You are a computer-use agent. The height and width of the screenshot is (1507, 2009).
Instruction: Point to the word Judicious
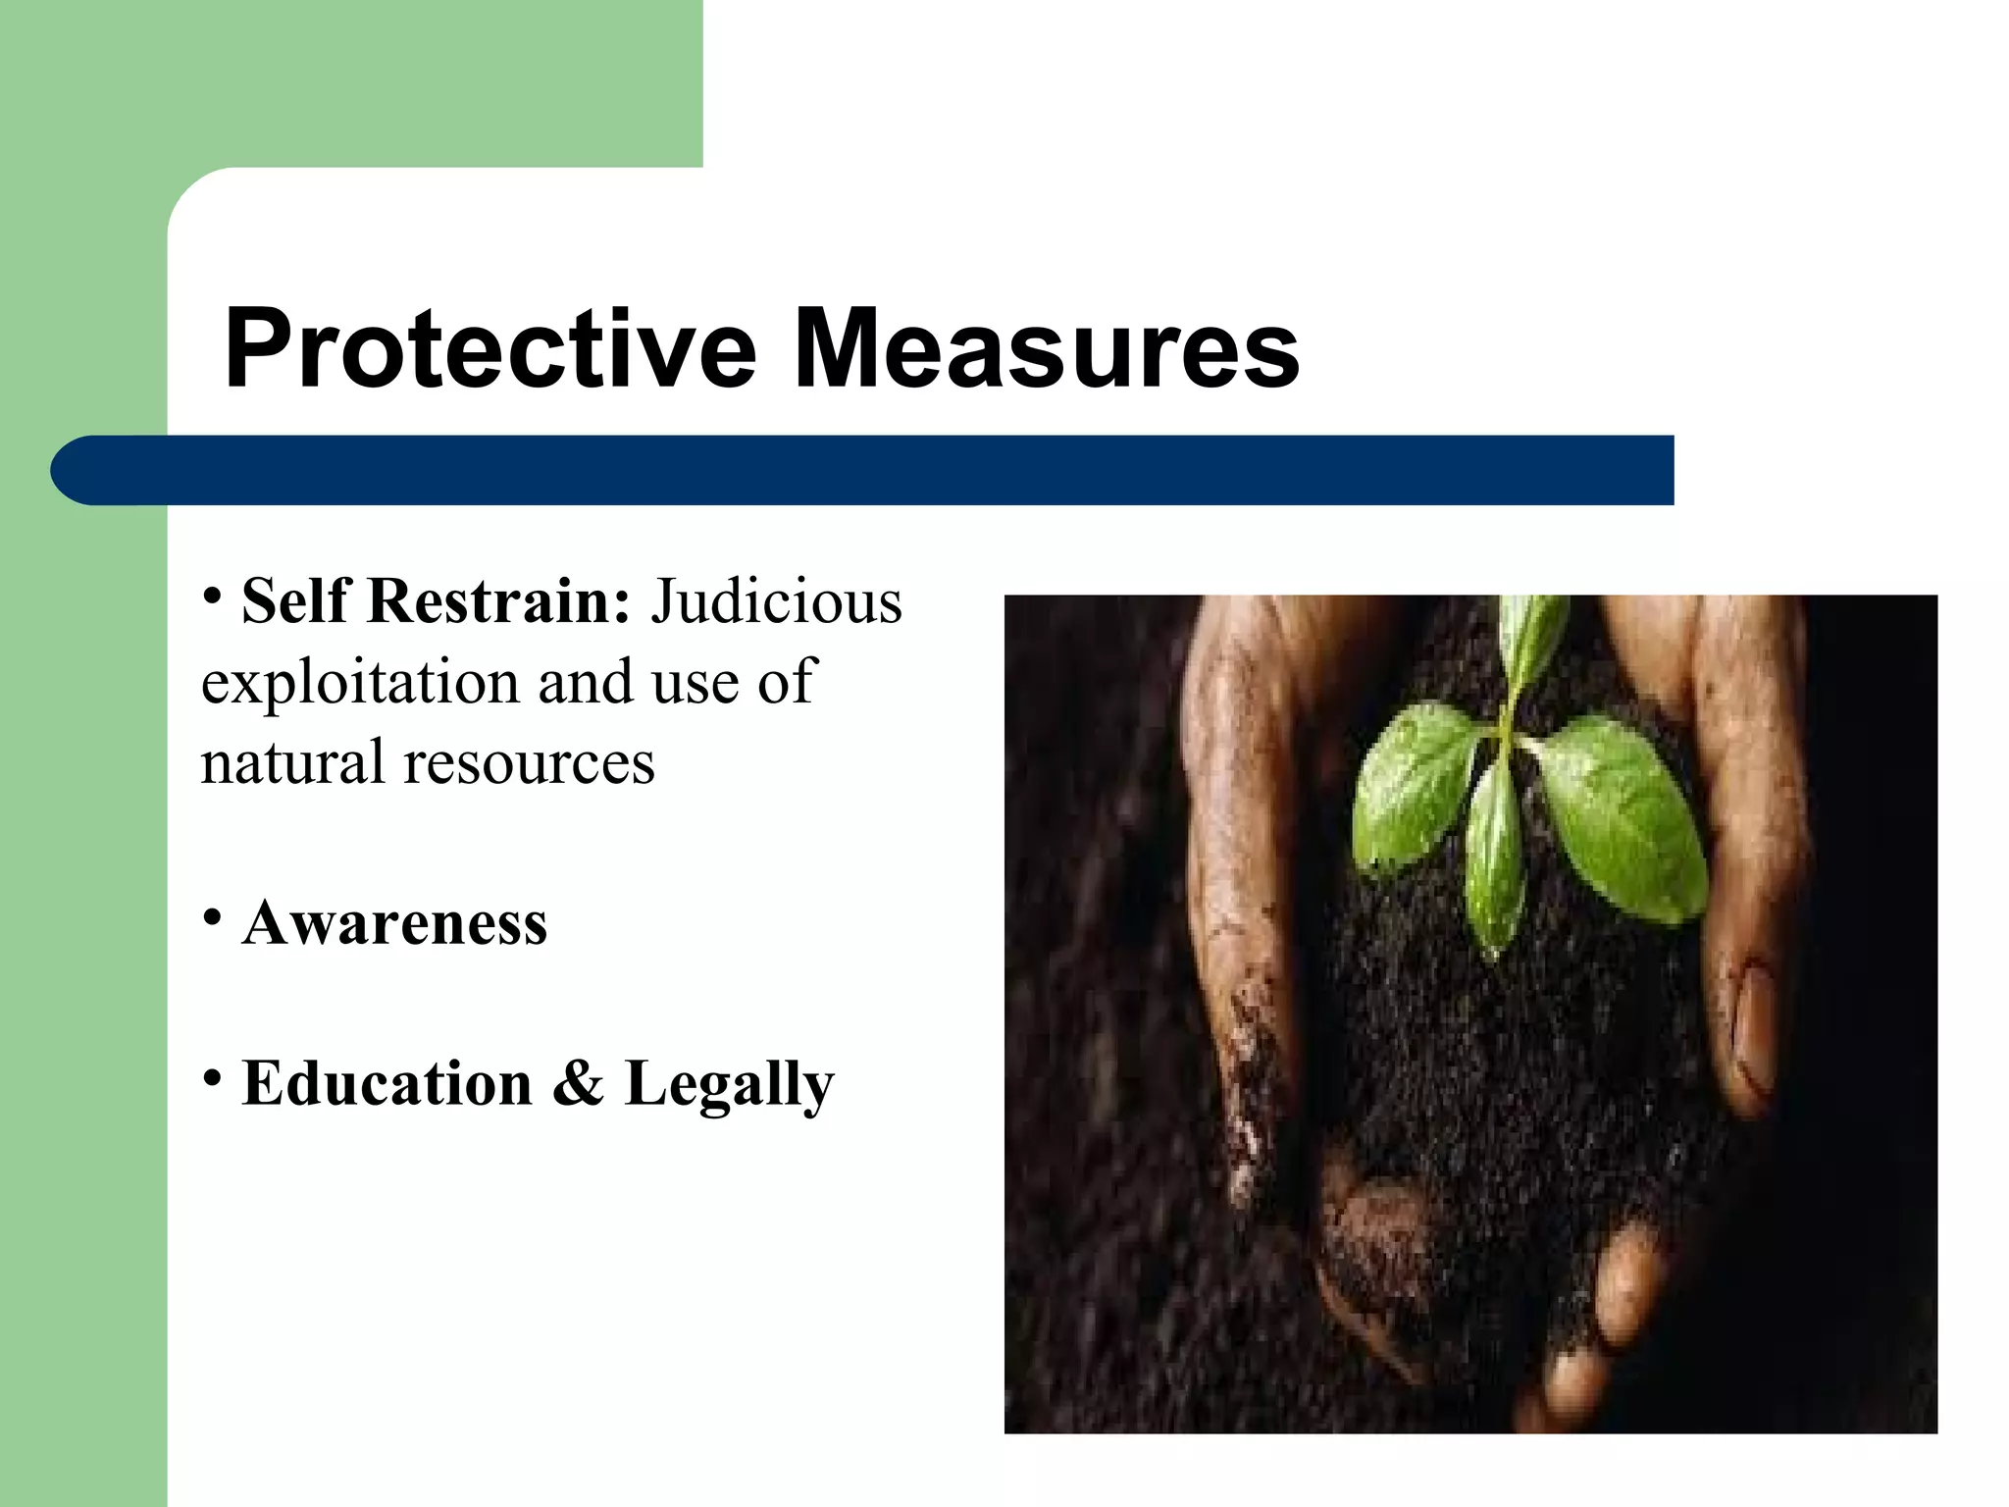point(776,600)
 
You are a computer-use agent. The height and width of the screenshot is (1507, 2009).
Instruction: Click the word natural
point(291,762)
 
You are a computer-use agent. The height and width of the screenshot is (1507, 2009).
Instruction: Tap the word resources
point(530,763)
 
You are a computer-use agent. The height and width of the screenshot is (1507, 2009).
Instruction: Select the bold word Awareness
point(394,922)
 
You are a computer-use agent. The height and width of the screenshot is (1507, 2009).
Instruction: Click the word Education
point(387,1083)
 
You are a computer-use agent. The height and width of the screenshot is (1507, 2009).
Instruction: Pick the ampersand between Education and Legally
point(578,1083)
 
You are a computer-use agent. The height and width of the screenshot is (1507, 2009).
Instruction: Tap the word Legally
point(729,1085)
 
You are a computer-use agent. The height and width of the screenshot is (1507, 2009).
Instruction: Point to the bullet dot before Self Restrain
point(211,595)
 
